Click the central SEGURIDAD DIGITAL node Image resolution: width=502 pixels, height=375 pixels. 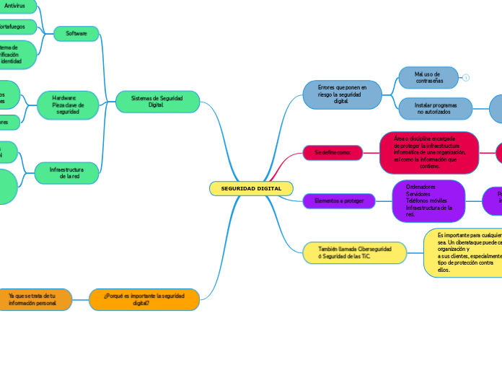tap(251, 188)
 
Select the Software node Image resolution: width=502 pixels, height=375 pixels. tap(76, 34)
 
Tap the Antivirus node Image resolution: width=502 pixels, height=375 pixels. tap(14, 6)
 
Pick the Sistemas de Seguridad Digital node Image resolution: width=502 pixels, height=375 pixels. tap(157, 101)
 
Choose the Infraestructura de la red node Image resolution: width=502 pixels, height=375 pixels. tap(67, 172)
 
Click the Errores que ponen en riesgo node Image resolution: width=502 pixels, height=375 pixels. tap(342, 94)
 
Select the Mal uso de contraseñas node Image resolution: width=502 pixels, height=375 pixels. tap(428, 77)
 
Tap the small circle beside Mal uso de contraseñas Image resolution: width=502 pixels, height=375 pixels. tap(466, 78)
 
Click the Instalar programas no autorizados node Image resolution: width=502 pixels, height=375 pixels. tap(435, 108)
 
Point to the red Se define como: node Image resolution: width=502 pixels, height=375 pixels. tap(333, 153)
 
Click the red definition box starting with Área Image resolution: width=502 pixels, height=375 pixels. tap(429, 152)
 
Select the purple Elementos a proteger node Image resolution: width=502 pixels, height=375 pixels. tap(339, 200)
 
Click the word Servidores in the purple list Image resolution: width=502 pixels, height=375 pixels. tap(418, 193)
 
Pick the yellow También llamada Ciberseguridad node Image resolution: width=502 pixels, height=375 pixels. tap(355, 252)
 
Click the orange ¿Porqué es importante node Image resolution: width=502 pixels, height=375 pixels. tap(144, 299)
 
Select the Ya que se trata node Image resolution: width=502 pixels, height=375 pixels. tap(32, 299)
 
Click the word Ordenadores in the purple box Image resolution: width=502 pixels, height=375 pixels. tap(420, 186)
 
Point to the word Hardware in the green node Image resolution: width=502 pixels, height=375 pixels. tap(64, 97)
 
